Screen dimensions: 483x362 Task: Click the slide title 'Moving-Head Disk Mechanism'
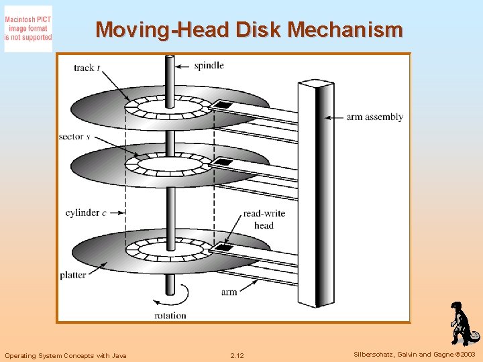pos(249,30)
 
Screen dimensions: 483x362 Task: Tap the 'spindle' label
pos(209,66)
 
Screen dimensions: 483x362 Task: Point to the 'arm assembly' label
pos(374,117)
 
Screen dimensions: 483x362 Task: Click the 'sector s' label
pos(74,137)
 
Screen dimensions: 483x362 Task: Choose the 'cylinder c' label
pos(85,214)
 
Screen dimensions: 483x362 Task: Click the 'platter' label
pos(73,275)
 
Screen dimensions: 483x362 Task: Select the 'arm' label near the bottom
pos(229,292)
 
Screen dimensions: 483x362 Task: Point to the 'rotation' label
pos(170,315)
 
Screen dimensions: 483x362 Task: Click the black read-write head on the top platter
pos(222,105)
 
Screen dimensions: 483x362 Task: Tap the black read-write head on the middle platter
pos(221,162)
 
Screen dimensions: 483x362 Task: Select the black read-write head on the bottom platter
pos(222,247)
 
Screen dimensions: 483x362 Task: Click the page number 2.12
pos(237,355)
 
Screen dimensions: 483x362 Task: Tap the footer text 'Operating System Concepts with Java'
pos(65,355)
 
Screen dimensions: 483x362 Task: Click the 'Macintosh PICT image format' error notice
pos(28,29)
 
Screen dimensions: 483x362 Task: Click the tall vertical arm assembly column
pos(315,194)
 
